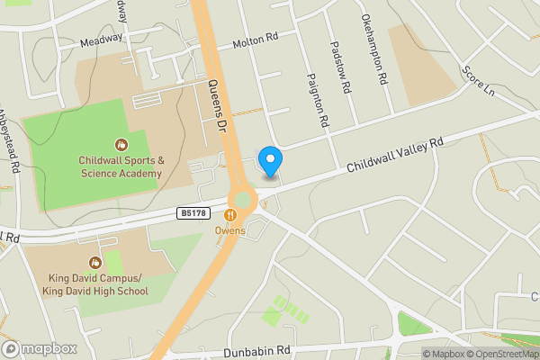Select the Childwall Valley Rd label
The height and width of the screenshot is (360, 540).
pos(396,156)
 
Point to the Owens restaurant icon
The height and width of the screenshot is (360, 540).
pos(230,215)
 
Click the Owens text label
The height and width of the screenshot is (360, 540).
pos(230,230)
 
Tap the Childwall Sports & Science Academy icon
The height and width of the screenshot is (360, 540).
pos(121,144)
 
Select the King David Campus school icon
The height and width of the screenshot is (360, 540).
pos(95,240)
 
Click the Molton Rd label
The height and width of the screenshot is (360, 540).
pos(256,41)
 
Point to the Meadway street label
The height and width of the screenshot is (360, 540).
pos(101,39)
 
